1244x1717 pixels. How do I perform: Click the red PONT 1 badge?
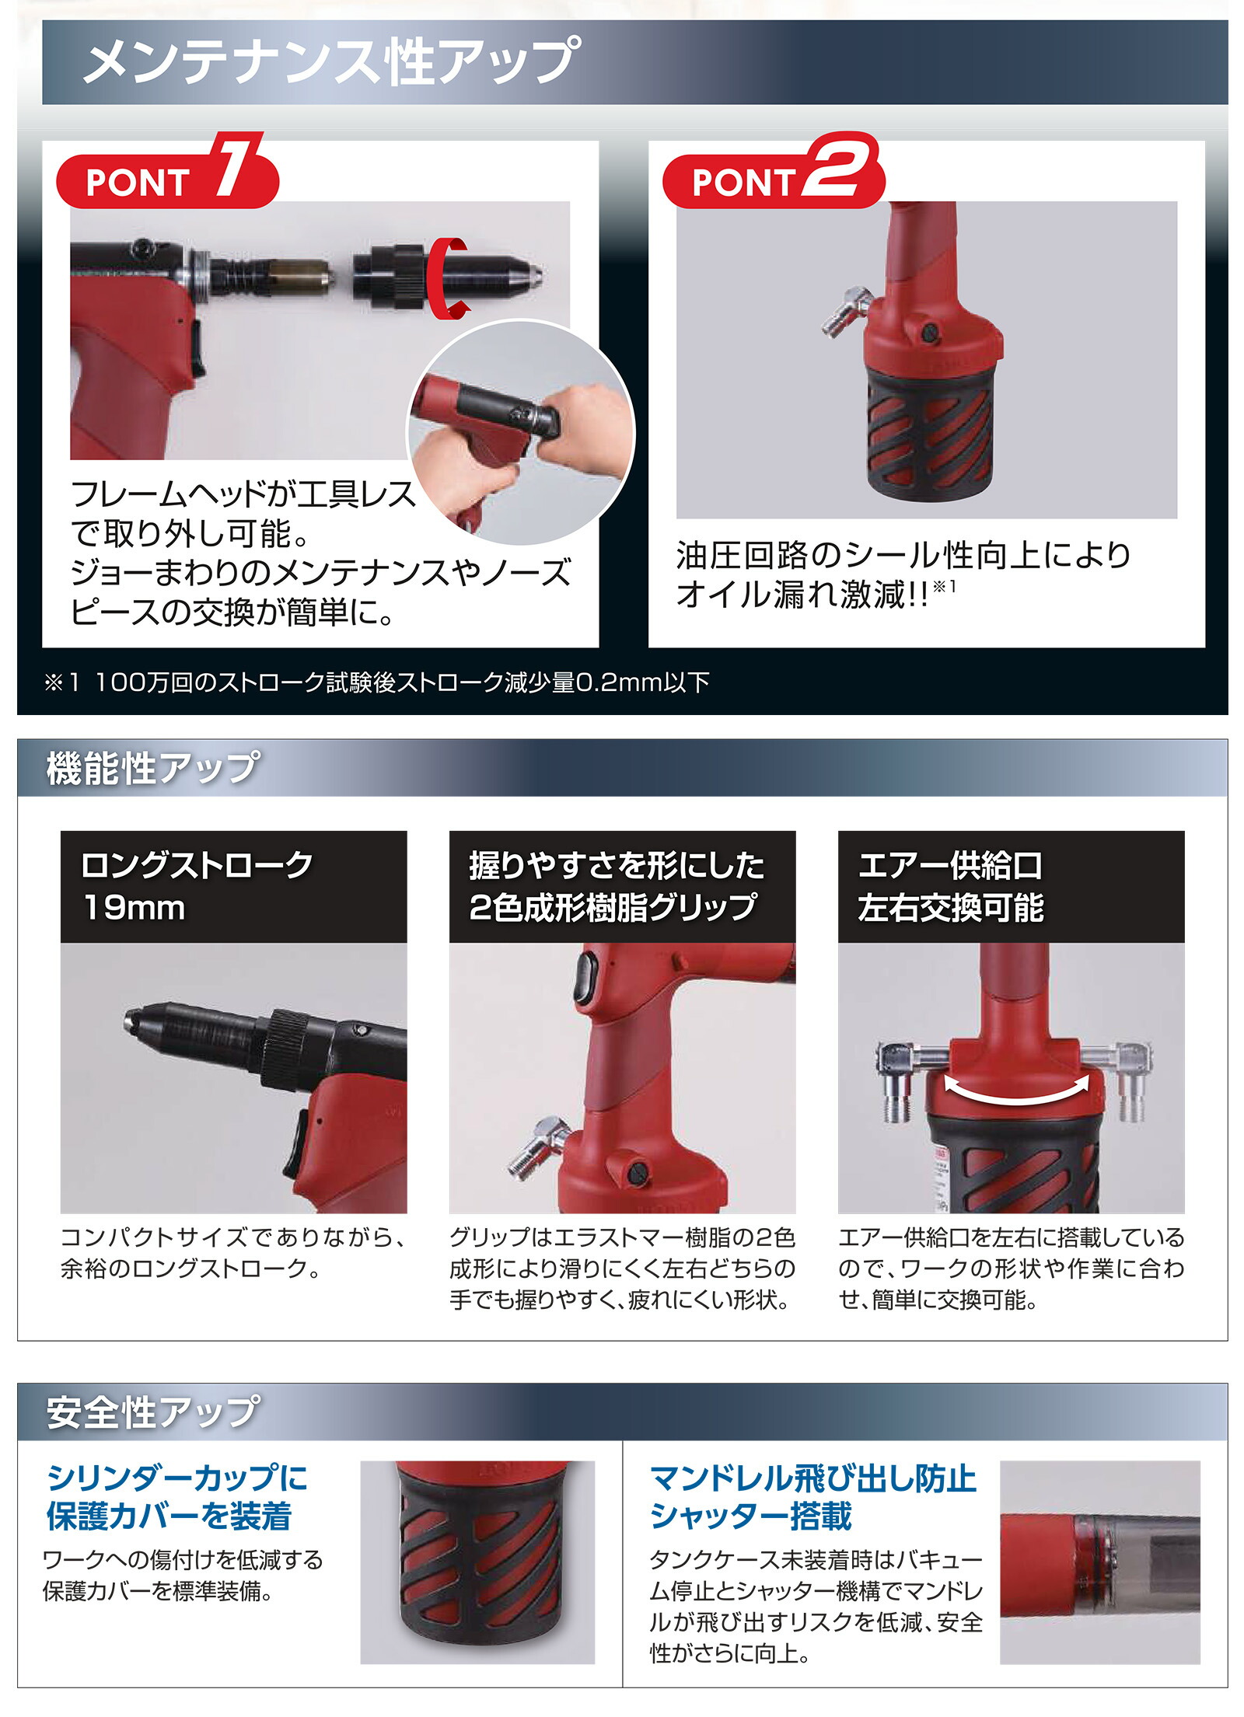click(166, 180)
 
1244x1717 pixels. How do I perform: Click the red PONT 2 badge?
click(773, 180)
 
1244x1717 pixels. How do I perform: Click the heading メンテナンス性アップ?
click(331, 61)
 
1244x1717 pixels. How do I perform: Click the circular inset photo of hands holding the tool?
click(521, 431)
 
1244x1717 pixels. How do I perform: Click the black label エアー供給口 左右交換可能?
click(1010, 886)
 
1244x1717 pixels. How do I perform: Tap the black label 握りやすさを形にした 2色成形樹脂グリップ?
click(621, 886)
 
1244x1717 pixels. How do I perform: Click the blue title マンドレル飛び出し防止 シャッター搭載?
click(812, 1496)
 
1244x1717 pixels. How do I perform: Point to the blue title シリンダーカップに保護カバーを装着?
click(177, 1496)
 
